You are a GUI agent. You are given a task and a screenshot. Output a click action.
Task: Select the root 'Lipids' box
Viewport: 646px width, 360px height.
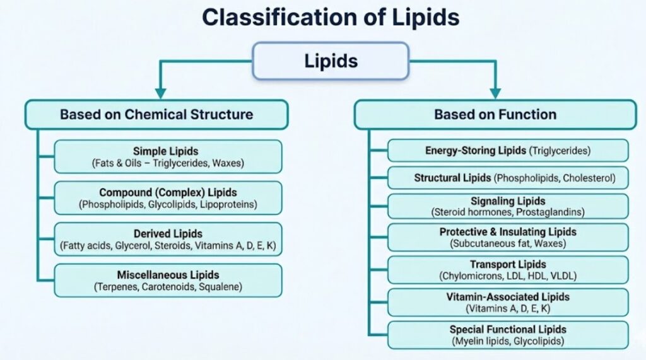(331, 61)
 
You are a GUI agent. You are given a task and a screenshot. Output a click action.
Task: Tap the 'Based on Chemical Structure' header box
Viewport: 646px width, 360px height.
(156, 115)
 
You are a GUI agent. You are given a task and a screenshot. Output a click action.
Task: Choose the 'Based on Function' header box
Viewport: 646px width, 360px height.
(495, 115)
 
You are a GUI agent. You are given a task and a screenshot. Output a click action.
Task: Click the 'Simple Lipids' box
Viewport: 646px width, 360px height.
(168, 157)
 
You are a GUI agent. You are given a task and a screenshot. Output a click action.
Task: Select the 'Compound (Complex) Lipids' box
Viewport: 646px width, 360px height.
(168, 198)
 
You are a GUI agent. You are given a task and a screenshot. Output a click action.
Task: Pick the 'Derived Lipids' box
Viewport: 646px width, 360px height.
(168, 239)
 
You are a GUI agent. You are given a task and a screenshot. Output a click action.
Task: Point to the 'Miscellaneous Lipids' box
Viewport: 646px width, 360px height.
(168, 280)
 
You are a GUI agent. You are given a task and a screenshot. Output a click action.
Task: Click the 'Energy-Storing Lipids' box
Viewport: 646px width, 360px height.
(508, 151)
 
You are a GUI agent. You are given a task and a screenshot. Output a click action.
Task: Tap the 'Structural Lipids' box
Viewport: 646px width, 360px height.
(508, 178)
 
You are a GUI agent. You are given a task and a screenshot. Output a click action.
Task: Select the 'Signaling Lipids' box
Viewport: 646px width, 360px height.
(508, 206)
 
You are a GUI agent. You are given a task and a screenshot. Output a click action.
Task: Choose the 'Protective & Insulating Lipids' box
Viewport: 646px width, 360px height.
(508, 237)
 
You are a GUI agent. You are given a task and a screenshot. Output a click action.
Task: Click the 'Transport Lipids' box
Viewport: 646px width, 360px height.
(508, 269)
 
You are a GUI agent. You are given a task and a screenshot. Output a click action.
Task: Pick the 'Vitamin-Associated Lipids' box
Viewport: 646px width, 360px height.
(508, 302)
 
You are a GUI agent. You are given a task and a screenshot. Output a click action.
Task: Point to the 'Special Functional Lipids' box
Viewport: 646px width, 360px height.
(508, 335)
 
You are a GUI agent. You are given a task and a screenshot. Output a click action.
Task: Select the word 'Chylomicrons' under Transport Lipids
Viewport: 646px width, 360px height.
(466, 276)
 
